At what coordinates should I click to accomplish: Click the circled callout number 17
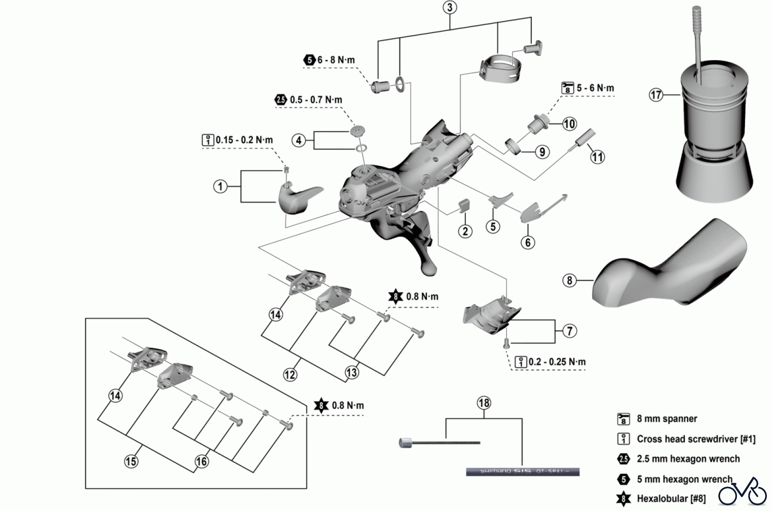coord(656,94)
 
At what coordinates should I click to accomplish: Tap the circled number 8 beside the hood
coord(569,281)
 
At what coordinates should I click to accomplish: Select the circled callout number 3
coord(449,8)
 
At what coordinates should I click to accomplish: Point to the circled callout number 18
coord(484,403)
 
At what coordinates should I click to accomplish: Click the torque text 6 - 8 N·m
coord(336,60)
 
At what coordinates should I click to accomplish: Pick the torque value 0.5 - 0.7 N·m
coord(316,100)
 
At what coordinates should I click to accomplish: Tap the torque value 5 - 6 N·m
coord(595,88)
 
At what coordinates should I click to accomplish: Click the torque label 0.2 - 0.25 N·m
coord(557,362)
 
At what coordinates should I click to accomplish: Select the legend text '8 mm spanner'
coord(666,419)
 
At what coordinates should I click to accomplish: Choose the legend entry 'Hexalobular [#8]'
coord(671,499)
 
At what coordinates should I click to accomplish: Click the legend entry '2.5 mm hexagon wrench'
coord(688,459)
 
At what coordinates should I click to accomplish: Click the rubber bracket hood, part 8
coord(669,266)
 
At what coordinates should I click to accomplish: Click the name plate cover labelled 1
coord(299,199)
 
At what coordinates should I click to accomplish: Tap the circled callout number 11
coord(597,157)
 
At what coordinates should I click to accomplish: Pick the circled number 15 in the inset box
coord(131,461)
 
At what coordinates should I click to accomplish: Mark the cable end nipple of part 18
coord(405,443)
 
